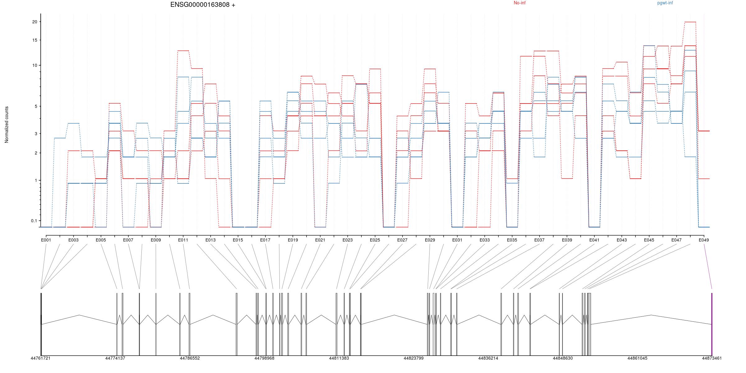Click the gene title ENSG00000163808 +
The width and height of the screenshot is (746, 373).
[203, 5]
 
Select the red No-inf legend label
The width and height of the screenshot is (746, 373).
[519, 3]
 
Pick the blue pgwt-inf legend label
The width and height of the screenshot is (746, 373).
[665, 3]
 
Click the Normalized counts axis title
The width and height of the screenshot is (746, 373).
[7, 125]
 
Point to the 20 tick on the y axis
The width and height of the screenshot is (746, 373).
[35, 22]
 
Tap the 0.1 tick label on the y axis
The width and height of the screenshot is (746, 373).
[34, 221]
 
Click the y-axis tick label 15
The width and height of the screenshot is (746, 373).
[35, 40]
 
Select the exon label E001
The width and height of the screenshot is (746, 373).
[46, 240]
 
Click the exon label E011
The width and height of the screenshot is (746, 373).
[183, 240]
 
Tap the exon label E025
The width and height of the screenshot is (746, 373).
[375, 240]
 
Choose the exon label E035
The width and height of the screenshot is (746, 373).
[512, 240]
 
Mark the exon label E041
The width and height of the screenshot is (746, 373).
[594, 240]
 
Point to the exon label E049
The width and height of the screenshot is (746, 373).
[704, 240]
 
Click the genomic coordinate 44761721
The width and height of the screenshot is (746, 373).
[40, 358]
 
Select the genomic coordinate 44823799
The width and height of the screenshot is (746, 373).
[413, 358]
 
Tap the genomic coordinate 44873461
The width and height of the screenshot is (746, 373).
[712, 358]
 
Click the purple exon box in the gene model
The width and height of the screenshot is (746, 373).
[712, 323]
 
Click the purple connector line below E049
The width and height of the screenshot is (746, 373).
[708, 266]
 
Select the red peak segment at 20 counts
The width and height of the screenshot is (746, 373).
[690, 22]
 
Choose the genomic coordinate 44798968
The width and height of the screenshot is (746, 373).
[264, 358]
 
